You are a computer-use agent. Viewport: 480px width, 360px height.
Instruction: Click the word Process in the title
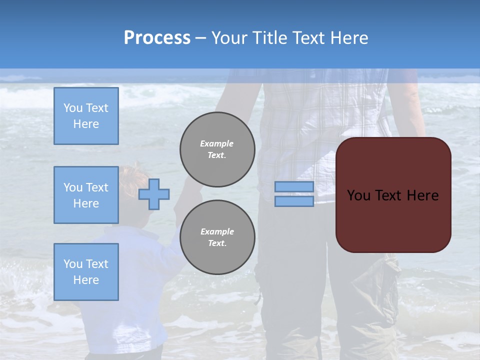click(157, 37)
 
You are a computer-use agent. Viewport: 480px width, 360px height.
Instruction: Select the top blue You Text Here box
click(86, 116)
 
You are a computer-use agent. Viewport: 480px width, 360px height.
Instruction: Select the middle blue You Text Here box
click(86, 195)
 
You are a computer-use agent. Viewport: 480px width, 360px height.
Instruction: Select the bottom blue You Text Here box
click(86, 271)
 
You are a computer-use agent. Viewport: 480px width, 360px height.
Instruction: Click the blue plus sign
click(154, 194)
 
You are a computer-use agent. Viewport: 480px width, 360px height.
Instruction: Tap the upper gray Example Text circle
click(217, 149)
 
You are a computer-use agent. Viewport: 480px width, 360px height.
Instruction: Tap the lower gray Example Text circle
click(217, 237)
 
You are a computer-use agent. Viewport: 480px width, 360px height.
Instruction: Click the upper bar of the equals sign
click(294, 186)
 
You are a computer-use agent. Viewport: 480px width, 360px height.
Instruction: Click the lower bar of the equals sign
click(294, 201)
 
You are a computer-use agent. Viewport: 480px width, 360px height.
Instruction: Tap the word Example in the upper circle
click(216, 143)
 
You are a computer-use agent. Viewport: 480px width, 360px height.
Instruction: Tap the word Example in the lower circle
click(217, 231)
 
